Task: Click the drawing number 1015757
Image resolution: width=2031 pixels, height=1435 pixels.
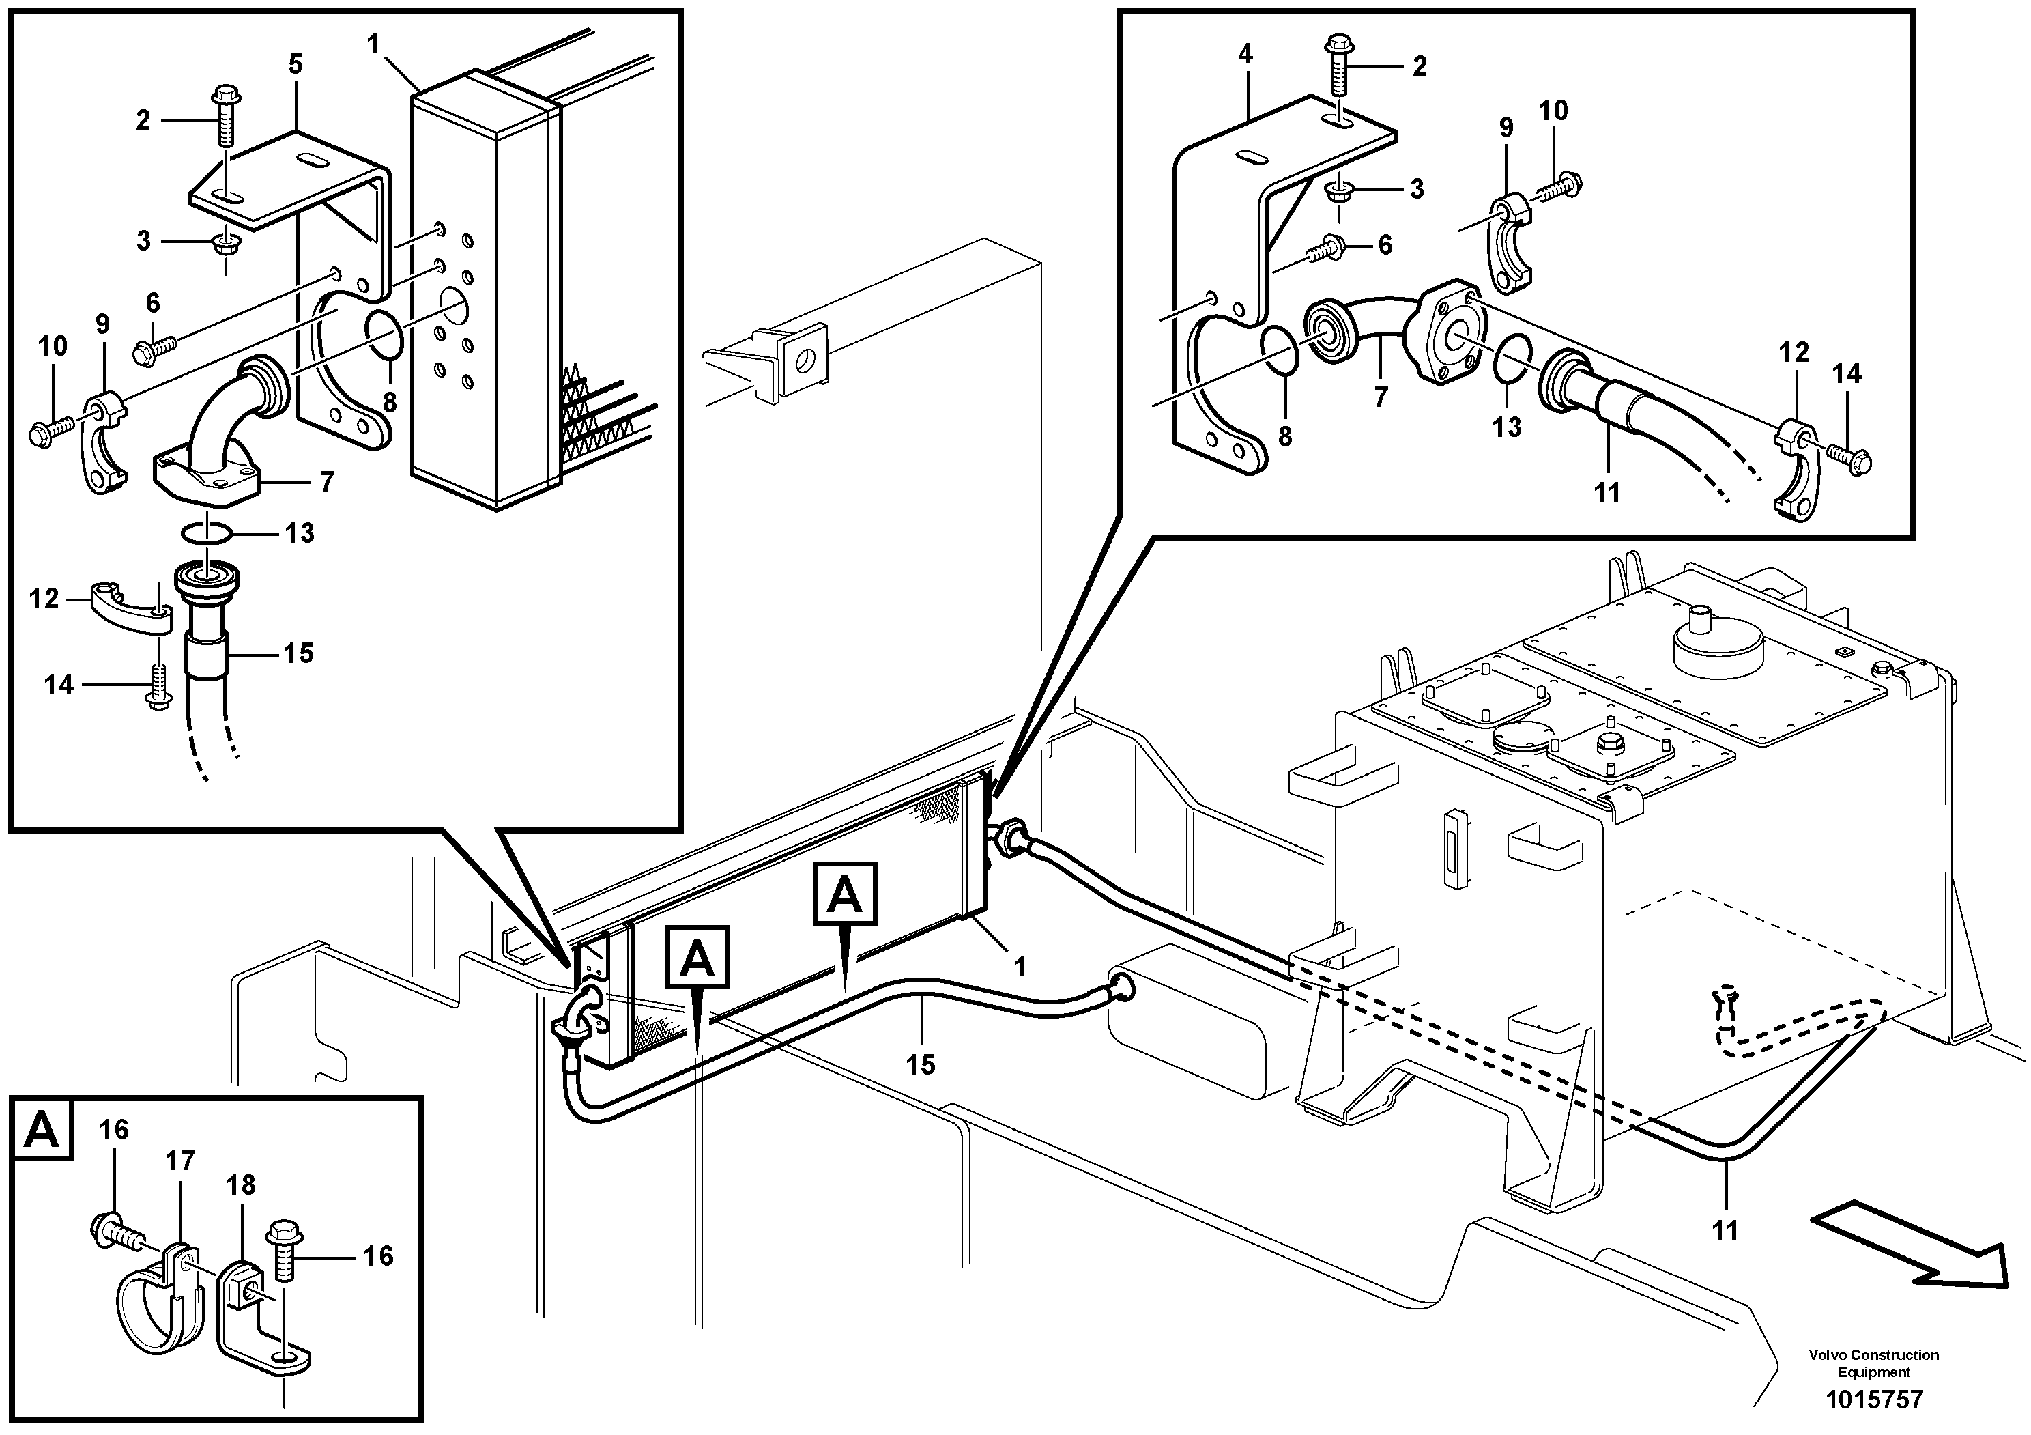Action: click(1873, 1399)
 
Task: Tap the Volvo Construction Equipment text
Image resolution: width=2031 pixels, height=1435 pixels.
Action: click(1873, 1363)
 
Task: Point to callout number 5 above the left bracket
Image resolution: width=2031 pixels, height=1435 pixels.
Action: click(296, 63)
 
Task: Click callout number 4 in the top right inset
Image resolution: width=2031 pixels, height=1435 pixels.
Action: click(1245, 54)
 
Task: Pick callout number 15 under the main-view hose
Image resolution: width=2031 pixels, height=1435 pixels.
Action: click(921, 1064)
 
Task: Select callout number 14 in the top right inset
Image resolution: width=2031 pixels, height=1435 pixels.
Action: click(1847, 373)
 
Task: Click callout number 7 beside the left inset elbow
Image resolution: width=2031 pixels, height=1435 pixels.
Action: click(328, 481)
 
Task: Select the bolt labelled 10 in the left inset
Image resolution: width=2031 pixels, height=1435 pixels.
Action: click(50, 431)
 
